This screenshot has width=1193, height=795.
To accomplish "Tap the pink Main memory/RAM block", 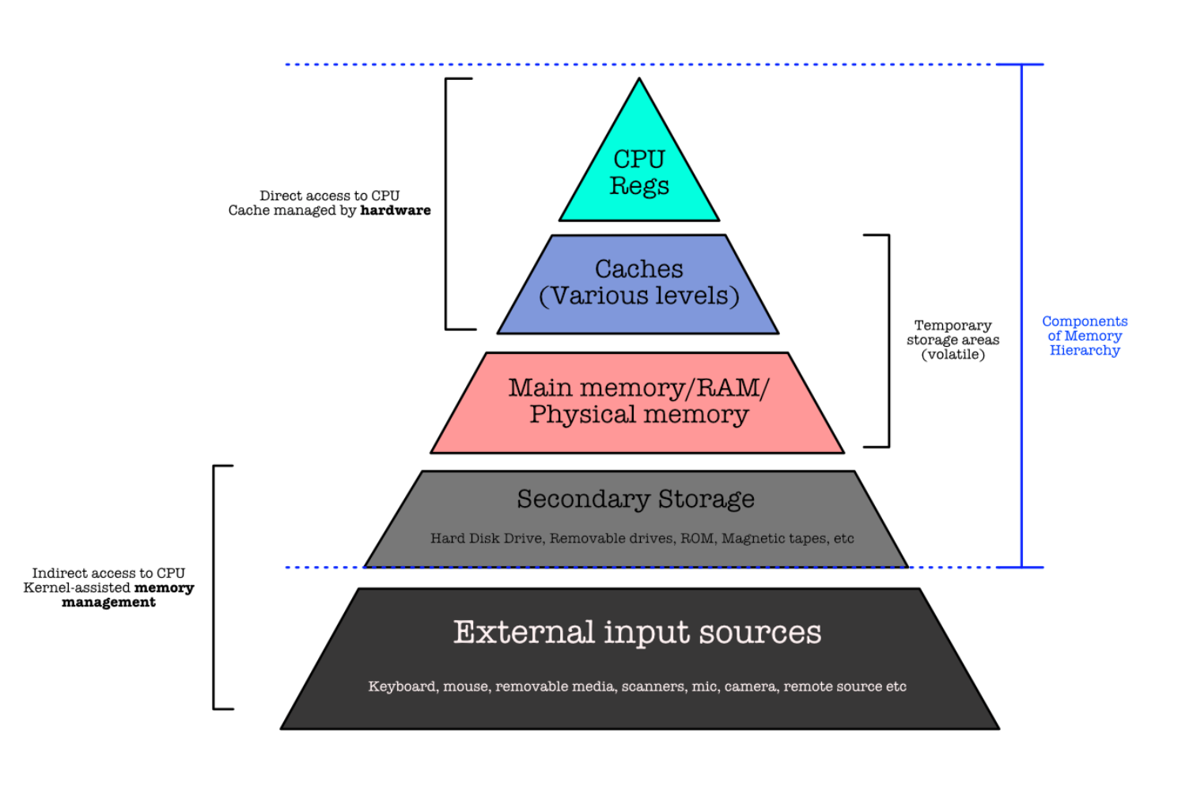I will (638, 402).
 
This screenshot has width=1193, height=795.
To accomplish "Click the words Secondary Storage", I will (636, 499).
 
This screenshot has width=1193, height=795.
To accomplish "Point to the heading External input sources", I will (637, 633).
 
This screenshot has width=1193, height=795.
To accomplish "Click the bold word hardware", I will (396, 211).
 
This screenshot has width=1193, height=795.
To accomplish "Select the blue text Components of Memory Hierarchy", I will (1085, 336).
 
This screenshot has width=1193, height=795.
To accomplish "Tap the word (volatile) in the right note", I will (953, 355).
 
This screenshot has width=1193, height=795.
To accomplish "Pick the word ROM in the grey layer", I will (697, 538).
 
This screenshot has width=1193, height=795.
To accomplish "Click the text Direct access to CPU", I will (330, 196).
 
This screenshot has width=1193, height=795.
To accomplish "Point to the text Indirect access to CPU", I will (108, 573).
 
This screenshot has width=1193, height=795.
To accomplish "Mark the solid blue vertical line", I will (1021, 317).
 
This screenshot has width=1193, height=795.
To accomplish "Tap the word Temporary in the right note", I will (953, 325).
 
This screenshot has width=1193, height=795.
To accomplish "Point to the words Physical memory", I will (639, 415).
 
